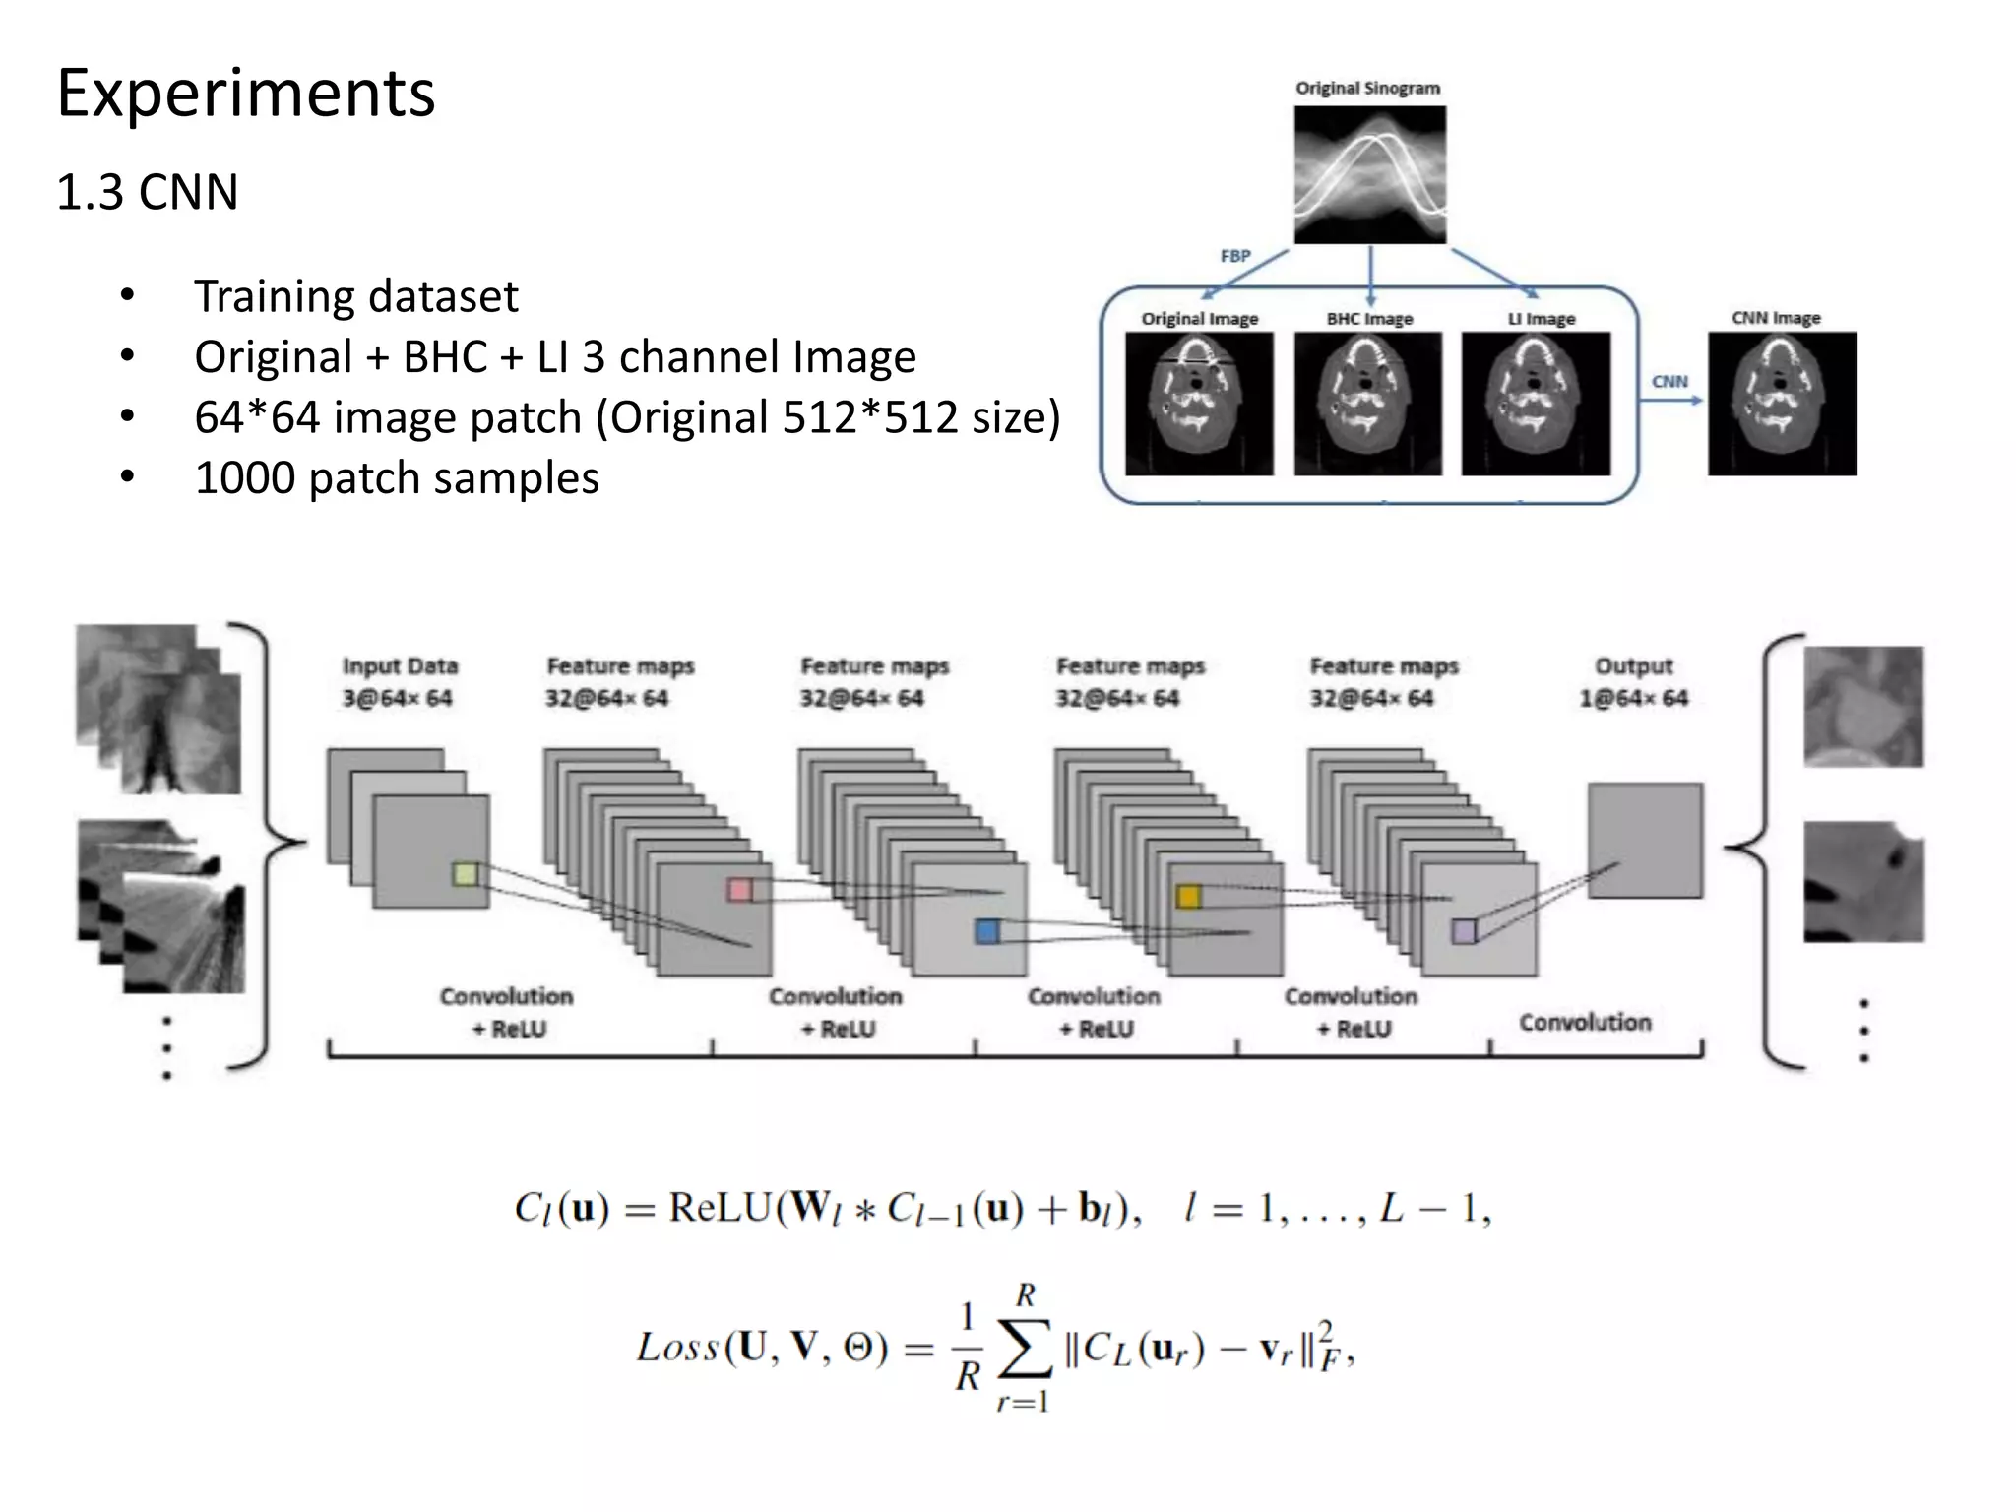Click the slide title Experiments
(246, 94)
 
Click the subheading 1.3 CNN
(148, 191)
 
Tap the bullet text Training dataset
(355, 296)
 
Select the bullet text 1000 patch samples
(396, 478)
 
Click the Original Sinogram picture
(1369, 174)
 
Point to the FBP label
(1234, 256)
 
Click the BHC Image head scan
(1367, 404)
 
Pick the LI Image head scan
(1536, 404)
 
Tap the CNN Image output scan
(1782, 404)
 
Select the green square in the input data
(466, 873)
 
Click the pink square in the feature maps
(739, 890)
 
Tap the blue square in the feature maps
(986, 931)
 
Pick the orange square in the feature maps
(1188, 896)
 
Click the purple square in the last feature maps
(1464, 931)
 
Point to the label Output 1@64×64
(1634, 681)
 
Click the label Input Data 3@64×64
(399, 681)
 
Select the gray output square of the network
(1645, 840)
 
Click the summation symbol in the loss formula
(1025, 1349)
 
